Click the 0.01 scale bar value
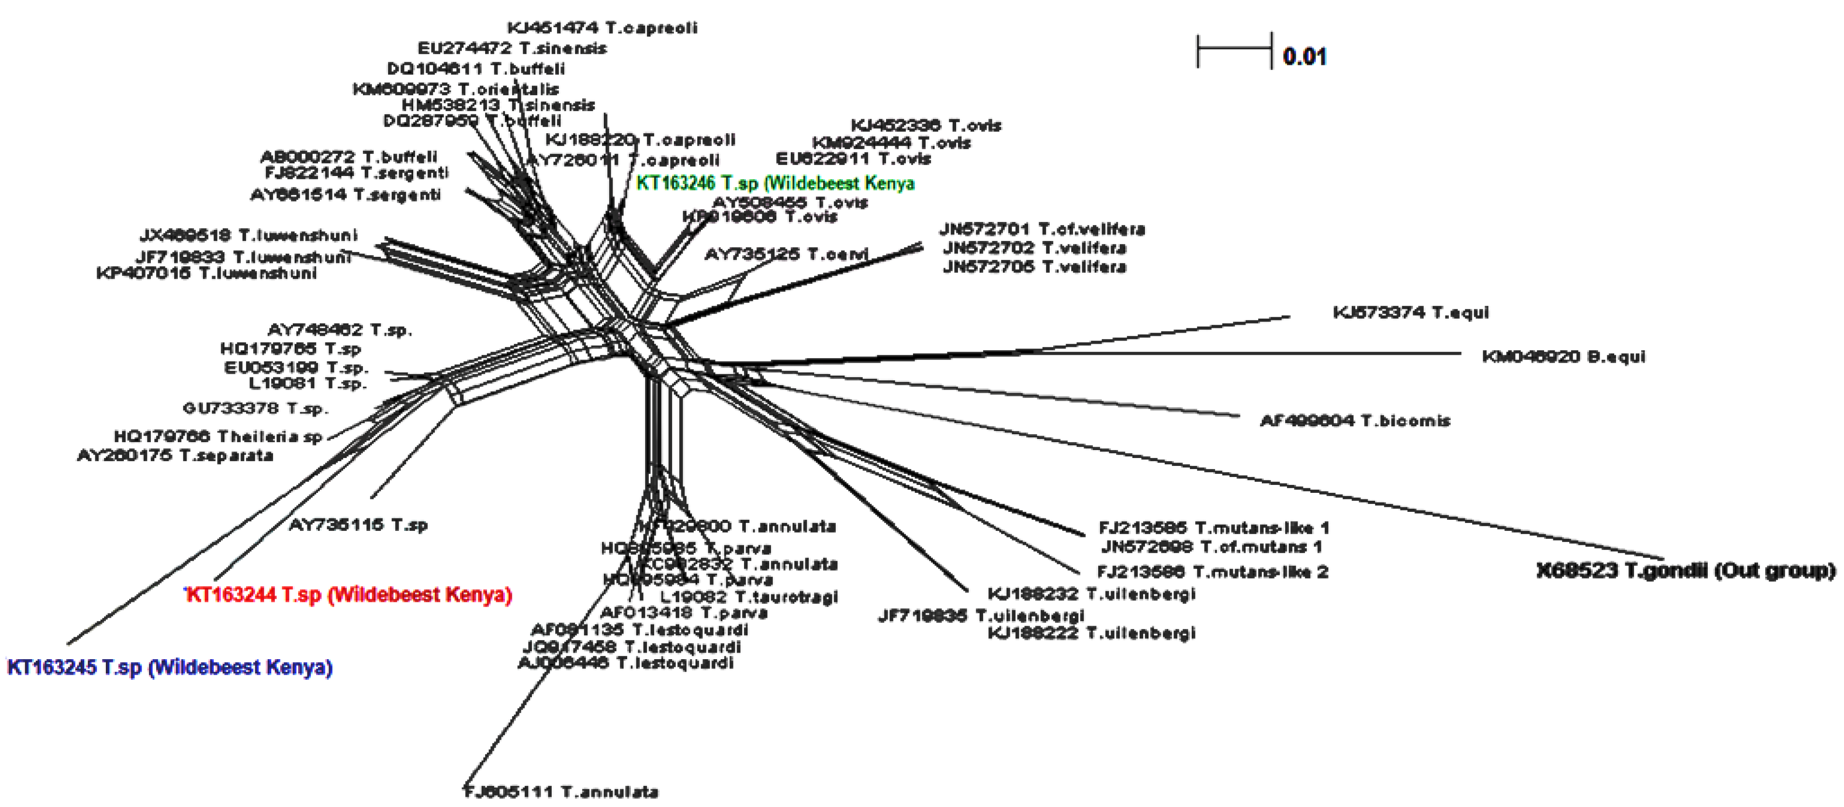(1304, 56)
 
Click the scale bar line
(1234, 49)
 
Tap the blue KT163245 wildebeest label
(170, 668)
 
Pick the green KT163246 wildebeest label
(775, 183)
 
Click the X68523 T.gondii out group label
(1686, 571)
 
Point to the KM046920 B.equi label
(1563, 357)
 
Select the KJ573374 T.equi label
(1410, 312)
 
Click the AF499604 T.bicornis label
(1354, 420)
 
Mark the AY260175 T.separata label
(176, 455)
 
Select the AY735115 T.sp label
(358, 525)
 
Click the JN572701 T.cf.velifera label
(1042, 229)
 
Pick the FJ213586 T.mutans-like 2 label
(1212, 572)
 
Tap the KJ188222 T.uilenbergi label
(1091, 633)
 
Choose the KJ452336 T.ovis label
(926, 125)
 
